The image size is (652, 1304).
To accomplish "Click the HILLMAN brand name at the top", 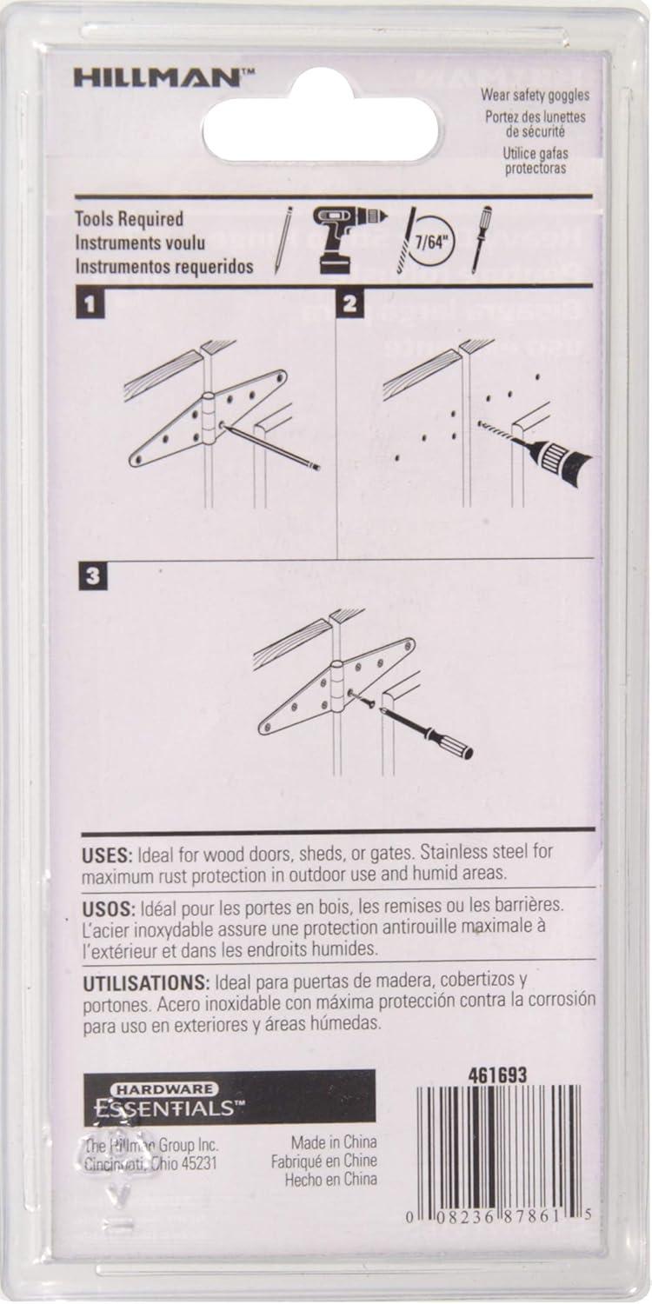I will tap(156, 79).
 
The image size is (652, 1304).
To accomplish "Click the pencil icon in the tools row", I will tap(283, 240).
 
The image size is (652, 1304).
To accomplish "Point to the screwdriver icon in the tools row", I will tap(481, 238).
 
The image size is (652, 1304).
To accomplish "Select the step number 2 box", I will tap(349, 304).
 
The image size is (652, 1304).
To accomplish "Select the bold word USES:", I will tap(107, 855).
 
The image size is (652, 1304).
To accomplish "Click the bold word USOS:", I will tap(109, 908).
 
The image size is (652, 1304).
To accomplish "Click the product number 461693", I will tap(497, 1076).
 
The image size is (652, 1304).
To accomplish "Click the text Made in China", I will tap(334, 1142).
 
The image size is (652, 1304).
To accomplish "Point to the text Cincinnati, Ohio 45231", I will tap(150, 1163).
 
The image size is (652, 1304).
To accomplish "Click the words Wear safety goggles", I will tap(535, 98).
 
